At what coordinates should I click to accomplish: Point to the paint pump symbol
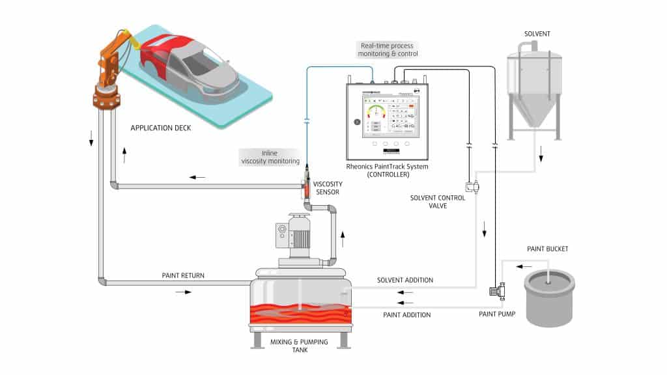tap(498, 291)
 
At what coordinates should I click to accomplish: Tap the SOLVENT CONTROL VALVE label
tap(438, 202)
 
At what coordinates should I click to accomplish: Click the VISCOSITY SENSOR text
tap(337, 188)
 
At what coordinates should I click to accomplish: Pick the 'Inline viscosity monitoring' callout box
tap(269, 156)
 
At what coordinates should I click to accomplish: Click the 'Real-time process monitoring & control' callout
tap(387, 49)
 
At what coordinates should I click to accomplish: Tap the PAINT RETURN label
tap(183, 275)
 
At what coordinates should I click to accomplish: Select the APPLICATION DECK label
tap(161, 128)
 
